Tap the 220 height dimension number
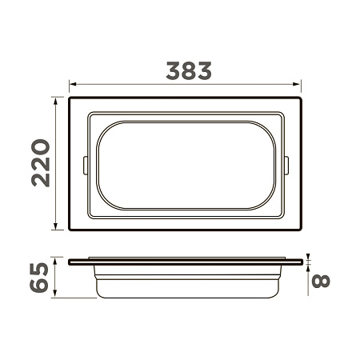[41, 163]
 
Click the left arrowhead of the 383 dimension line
[72, 82]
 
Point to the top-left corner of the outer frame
[70, 98]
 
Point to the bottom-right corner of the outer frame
[300, 230]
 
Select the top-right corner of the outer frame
[300, 98]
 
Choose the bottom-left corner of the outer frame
[70, 230]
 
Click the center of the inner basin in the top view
[185, 164]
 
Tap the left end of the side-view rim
[70, 262]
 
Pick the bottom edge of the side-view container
[185, 298]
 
